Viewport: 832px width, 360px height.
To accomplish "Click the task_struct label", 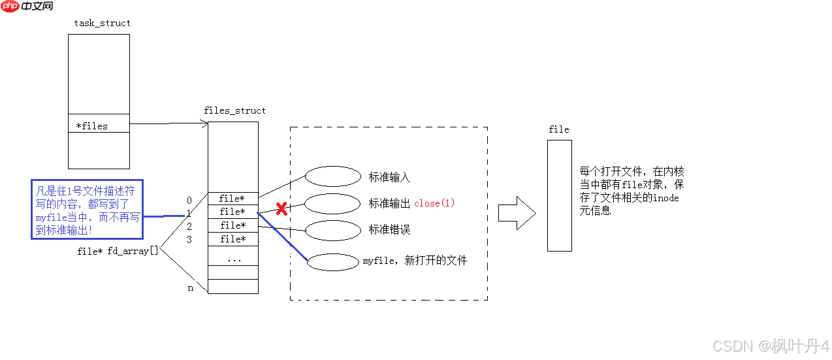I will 102,23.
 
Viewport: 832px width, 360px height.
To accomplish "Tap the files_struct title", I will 234,110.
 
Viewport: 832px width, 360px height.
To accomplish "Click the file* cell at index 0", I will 232,199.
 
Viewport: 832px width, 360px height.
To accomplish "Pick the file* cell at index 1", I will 232,212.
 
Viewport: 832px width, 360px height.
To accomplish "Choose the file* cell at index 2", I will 232,225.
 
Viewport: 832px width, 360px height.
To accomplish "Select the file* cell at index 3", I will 232,239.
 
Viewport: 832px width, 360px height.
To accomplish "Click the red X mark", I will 281,209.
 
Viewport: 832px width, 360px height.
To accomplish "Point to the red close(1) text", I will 434,203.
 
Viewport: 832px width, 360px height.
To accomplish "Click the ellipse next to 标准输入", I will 333,176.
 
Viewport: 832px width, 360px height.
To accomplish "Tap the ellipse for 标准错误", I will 333,230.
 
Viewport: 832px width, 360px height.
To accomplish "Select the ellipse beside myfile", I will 333,261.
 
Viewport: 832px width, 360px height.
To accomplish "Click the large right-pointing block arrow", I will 517,213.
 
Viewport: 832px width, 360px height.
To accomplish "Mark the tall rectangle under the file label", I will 559,195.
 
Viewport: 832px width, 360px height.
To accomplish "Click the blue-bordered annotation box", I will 87,210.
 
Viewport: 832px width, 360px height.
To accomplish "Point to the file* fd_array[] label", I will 118,251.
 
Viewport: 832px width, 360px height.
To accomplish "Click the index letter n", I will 191,287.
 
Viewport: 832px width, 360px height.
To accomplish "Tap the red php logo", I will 10,7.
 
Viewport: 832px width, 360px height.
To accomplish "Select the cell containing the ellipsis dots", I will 232,259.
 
